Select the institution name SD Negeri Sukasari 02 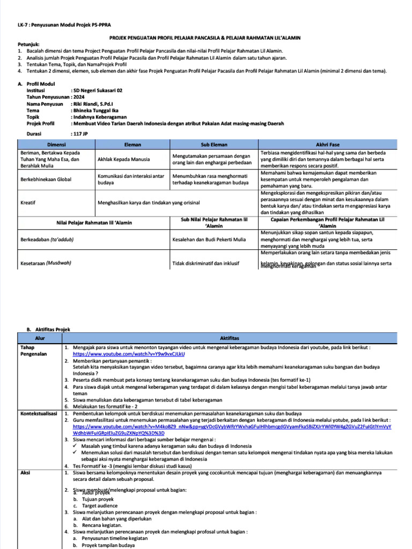tap(98, 91)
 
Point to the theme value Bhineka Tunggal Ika tap(94, 110)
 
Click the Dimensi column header tap(56, 145)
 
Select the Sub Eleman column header tap(214, 145)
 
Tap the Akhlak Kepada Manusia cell tap(123, 159)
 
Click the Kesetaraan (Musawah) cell tap(46, 263)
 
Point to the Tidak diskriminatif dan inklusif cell tap(206, 263)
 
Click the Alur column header tap(40, 338)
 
